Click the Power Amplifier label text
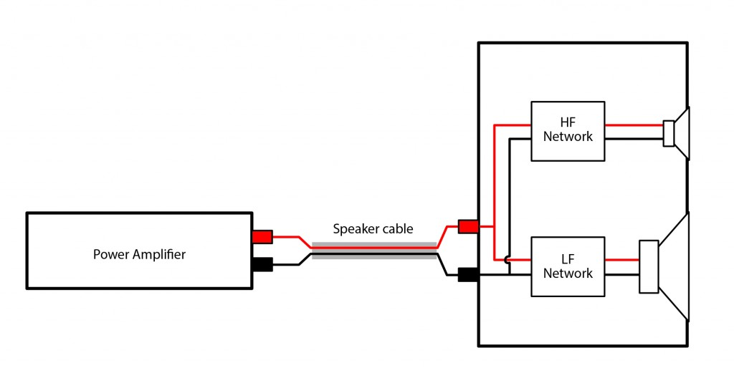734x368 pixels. click(139, 253)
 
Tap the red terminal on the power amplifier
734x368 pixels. click(262, 236)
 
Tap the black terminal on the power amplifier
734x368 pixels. click(262, 264)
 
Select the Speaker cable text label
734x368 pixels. click(373, 229)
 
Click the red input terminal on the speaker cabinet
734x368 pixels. click(468, 227)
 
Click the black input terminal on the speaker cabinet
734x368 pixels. click(468, 275)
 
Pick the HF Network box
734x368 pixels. click(568, 130)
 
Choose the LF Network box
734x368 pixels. click(568, 266)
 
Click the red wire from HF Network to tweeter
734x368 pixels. click(634, 125)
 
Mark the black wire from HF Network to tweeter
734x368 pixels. click(634, 138)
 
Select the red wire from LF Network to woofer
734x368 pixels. click(621, 259)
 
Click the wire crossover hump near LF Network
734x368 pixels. click(509, 260)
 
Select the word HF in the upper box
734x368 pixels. click(568, 123)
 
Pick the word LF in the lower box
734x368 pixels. click(568, 259)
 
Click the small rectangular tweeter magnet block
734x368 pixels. click(669, 133)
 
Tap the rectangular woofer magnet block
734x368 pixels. click(649, 266)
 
